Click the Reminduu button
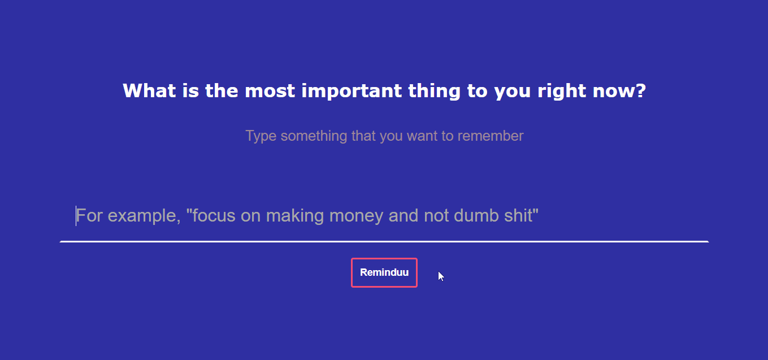(x=384, y=272)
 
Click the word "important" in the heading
(x=352, y=91)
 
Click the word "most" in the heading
(x=270, y=91)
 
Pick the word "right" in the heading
(x=562, y=91)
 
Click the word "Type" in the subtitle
(x=261, y=136)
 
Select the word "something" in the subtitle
(x=314, y=136)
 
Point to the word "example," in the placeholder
(x=144, y=216)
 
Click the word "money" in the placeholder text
(x=356, y=216)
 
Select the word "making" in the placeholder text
(x=295, y=216)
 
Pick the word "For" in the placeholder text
(x=89, y=215)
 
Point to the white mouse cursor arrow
(x=441, y=276)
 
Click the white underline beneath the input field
(x=384, y=241)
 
